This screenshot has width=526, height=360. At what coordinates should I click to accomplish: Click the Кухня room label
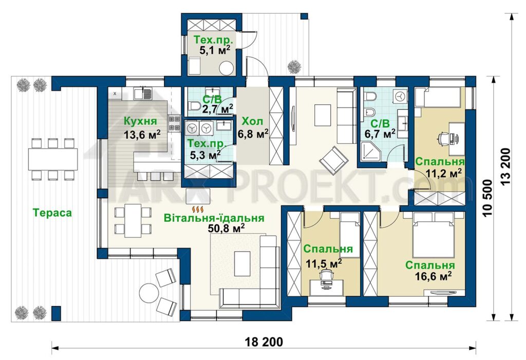click(x=140, y=121)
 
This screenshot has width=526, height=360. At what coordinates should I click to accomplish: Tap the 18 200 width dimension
click(x=264, y=342)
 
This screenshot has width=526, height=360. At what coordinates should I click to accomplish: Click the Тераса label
click(x=52, y=213)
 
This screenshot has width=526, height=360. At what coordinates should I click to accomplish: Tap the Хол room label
click(x=252, y=121)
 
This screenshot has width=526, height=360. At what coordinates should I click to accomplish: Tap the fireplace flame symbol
click(x=200, y=210)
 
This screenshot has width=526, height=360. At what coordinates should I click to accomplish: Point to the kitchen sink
click(x=143, y=93)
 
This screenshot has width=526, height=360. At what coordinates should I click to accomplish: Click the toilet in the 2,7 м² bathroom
click(x=194, y=106)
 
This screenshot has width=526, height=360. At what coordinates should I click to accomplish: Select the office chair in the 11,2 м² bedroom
click(x=443, y=138)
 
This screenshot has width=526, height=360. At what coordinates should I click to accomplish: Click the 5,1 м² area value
click(x=215, y=51)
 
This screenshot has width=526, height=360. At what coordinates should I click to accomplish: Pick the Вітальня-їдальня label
click(x=214, y=218)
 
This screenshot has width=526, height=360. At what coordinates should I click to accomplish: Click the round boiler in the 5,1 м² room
click(x=227, y=68)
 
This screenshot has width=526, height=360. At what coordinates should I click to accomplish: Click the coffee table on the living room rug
click(x=242, y=263)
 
